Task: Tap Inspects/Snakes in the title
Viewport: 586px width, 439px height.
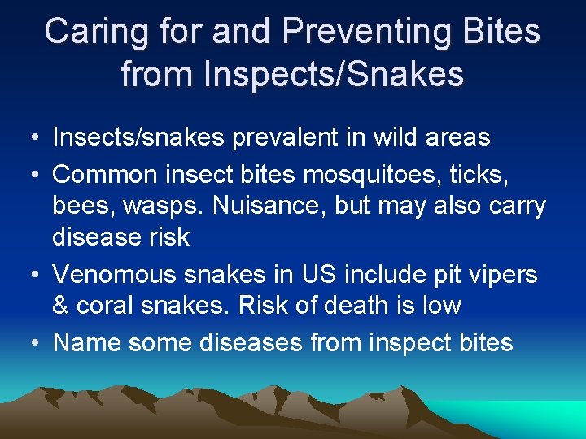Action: point(334,74)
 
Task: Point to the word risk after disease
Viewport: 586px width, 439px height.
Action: point(165,237)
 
